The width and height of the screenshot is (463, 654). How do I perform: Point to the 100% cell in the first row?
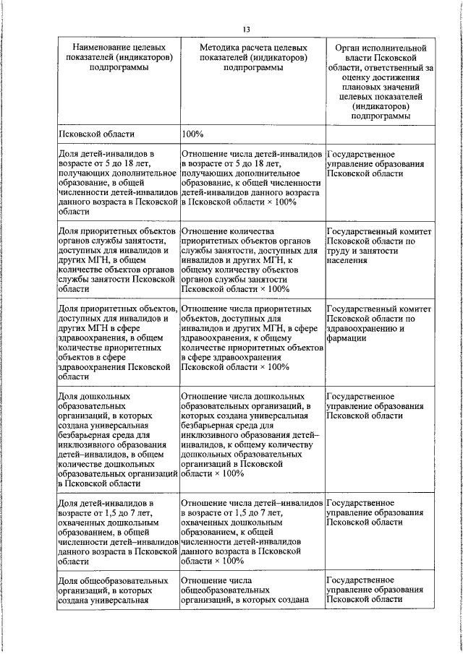point(193,134)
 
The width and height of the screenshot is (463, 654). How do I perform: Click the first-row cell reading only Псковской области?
point(96,134)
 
